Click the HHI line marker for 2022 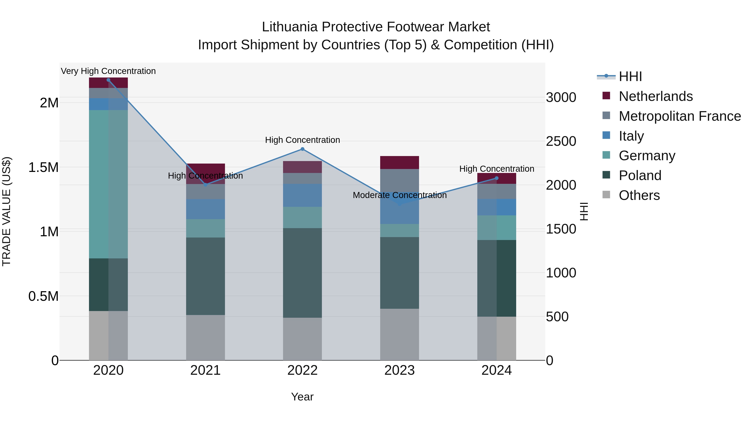pos(302,149)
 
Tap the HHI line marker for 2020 pos(108,80)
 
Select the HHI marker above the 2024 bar pos(497,178)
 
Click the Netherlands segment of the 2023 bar pos(399,163)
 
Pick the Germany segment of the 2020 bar pos(108,184)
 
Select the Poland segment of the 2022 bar pos(302,273)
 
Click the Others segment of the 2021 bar pos(206,338)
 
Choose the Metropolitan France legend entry pos(680,116)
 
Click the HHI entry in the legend pos(630,76)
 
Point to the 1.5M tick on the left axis pos(43,168)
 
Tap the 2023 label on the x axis pos(399,370)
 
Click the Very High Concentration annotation pos(108,71)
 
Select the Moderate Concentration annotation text pos(399,195)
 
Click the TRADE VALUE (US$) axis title pos(6,211)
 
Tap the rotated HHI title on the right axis pos(584,211)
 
